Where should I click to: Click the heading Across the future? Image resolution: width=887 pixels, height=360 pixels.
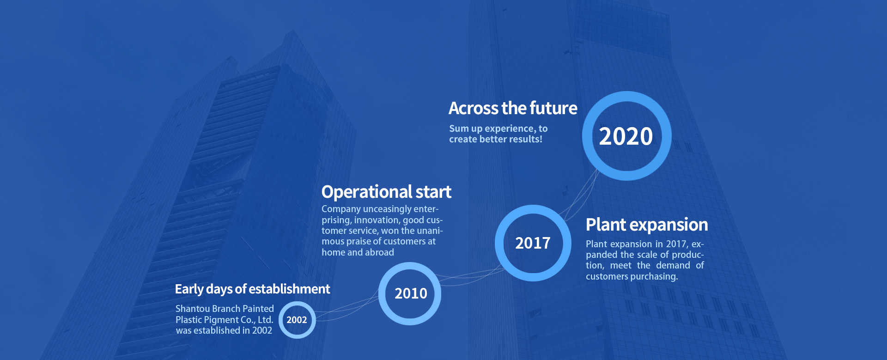tap(513, 108)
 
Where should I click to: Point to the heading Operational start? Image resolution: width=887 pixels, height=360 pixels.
tap(386, 192)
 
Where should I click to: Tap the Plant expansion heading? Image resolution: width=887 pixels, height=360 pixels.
tap(647, 225)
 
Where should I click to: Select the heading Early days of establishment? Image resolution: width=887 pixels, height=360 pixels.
tap(252, 289)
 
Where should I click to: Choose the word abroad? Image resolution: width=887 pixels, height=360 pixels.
tap(380, 252)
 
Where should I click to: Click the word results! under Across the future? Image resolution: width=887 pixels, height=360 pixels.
tap(526, 139)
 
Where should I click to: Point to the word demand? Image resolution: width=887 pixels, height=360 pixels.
tap(673, 266)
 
